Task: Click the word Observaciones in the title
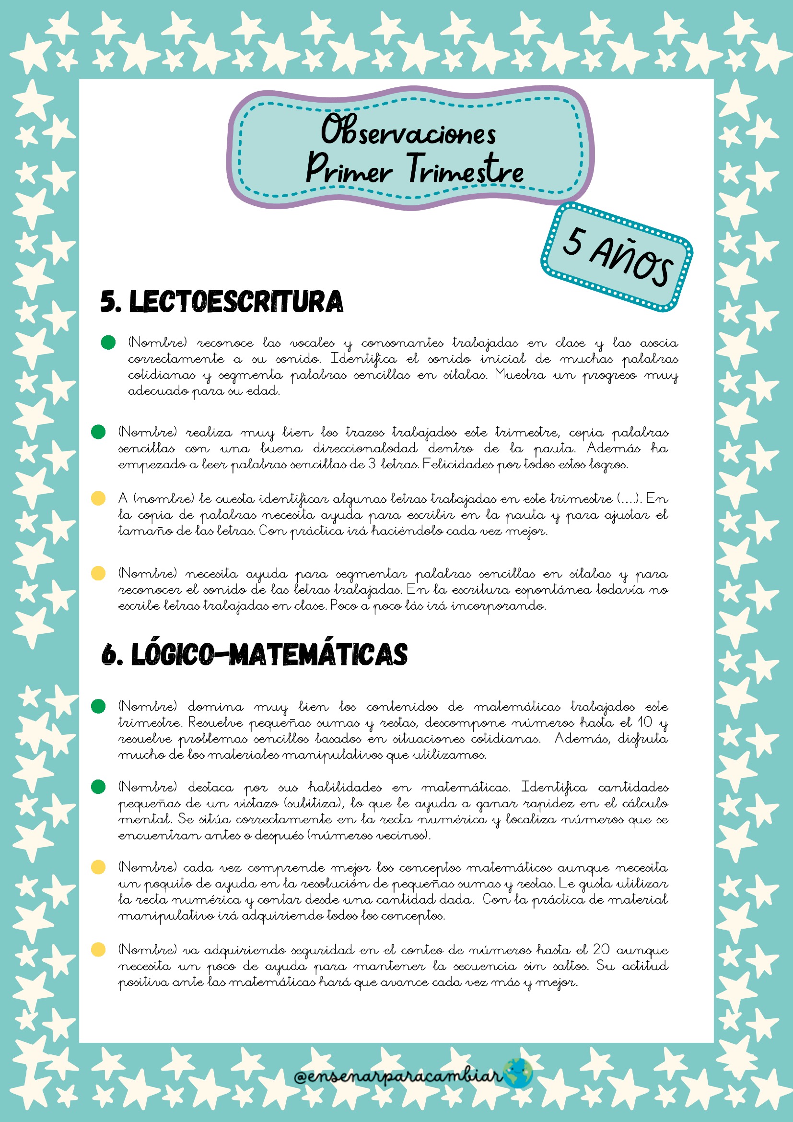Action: pos(408,131)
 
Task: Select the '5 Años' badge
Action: pos(617,257)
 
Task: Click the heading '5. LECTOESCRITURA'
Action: pos(222,302)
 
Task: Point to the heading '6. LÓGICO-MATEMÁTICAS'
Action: pos(255,654)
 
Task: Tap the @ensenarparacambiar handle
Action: pos(398,1075)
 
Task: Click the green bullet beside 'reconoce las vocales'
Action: pos(108,343)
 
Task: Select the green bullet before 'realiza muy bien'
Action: pos(98,432)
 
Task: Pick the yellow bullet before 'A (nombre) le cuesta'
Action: pos(98,498)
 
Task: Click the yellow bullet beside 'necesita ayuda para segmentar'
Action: pos(98,573)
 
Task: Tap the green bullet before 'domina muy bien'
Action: pos(98,706)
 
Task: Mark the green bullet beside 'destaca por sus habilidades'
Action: pos(98,787)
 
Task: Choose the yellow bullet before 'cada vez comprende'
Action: pos(98,867)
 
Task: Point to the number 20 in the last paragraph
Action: pos(602,949)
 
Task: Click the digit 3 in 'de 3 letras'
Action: pos(372,464)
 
